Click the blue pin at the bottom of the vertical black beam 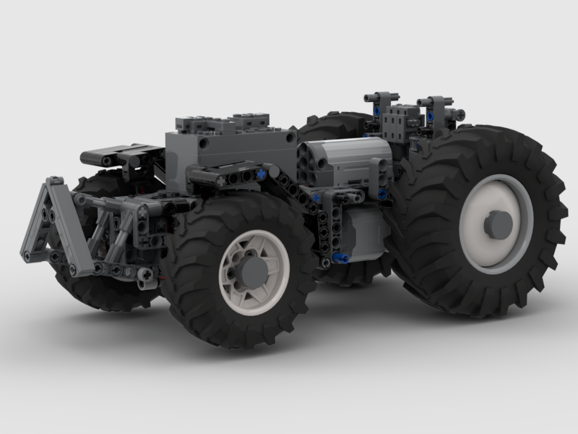tap(340, 258)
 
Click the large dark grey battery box tap(231, 148)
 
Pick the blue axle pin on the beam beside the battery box tap(258, 175)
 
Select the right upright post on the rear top tap(439, 103)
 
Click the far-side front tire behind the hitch tap(101, 289)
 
